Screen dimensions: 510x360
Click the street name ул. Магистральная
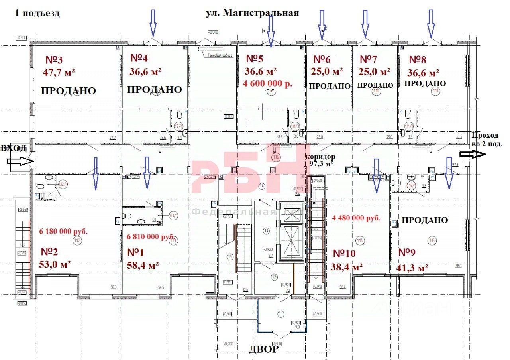(x=252, y=13)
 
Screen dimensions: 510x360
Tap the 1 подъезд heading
(x=37, y=13)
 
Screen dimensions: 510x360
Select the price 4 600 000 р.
(x=268, y=84)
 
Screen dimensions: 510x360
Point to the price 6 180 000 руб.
(x=63, y=231)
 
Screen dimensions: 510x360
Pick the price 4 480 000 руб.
(x=356, y=218)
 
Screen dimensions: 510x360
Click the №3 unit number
(x=54, y=60)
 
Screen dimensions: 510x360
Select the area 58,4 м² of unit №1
(x=143, y=265)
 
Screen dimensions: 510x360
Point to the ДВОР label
(x=264, y=350)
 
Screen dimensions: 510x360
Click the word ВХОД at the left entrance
(x=13, y=149)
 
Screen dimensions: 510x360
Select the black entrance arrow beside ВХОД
(x=20, y=161)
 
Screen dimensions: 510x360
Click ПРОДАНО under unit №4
(x=154, y=89)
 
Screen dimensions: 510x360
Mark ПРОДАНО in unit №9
(x=425, y=220)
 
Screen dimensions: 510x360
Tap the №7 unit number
(x=368, y=59)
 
